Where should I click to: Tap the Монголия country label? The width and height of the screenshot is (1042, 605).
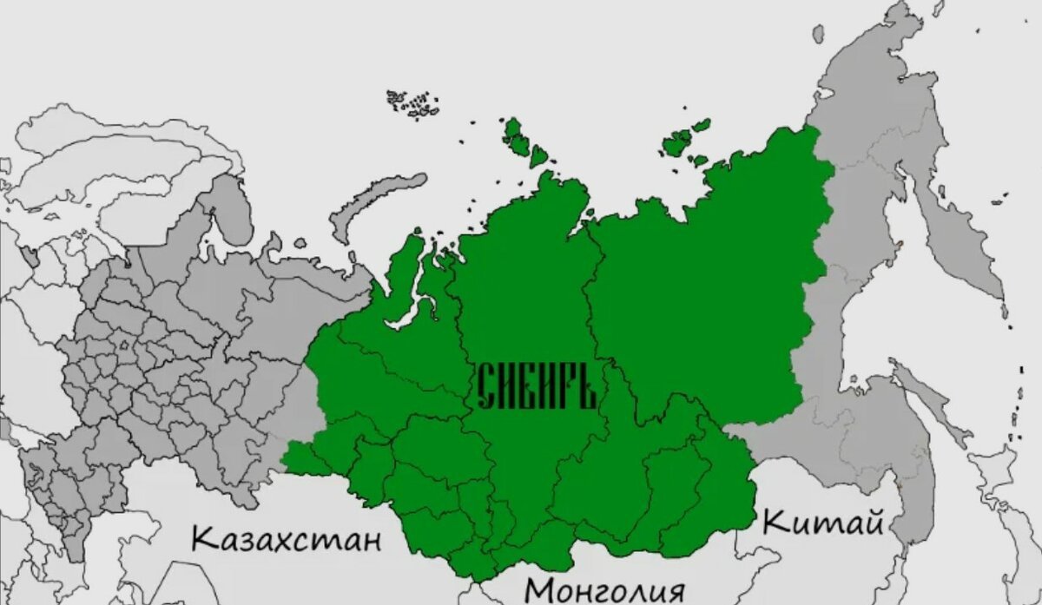[x=604, y=589]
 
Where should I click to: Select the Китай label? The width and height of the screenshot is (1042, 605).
[x=822, y=522]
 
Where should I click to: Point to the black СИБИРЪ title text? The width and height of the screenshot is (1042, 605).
[x=536, y=387]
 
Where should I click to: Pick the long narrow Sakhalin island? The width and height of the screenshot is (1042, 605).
[x=928, y=399]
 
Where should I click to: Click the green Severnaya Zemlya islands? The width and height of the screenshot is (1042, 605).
[x=521, y=139]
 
